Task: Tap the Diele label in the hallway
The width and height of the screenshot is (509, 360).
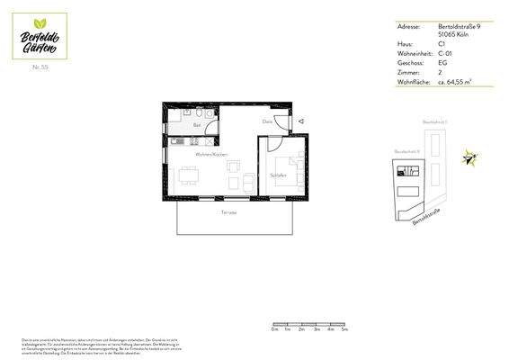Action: click(x=267, y=121)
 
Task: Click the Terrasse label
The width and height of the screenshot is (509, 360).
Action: click(x=229, y=211)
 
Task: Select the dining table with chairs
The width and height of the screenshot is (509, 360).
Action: click(x=189, y=175)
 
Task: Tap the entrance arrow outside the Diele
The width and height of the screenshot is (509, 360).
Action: click(x=302, y=121)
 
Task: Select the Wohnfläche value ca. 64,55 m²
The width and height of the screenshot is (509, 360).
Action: click(x=456, y=82)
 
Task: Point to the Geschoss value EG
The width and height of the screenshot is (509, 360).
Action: click(x=442, y=65)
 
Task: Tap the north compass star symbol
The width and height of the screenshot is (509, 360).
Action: click(x=469, y=158)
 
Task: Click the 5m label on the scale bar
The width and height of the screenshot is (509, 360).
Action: click(x=344, y=330)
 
